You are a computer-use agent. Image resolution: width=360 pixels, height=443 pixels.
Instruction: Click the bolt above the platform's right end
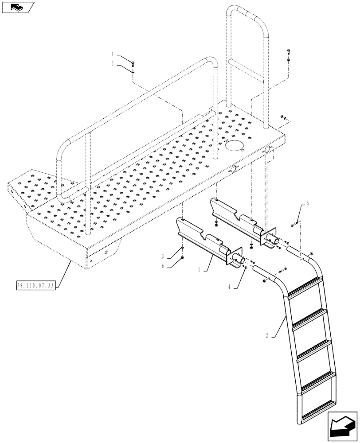(x=288, y=52)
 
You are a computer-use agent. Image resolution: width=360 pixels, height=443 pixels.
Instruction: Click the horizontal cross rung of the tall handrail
(x=247, y=68)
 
